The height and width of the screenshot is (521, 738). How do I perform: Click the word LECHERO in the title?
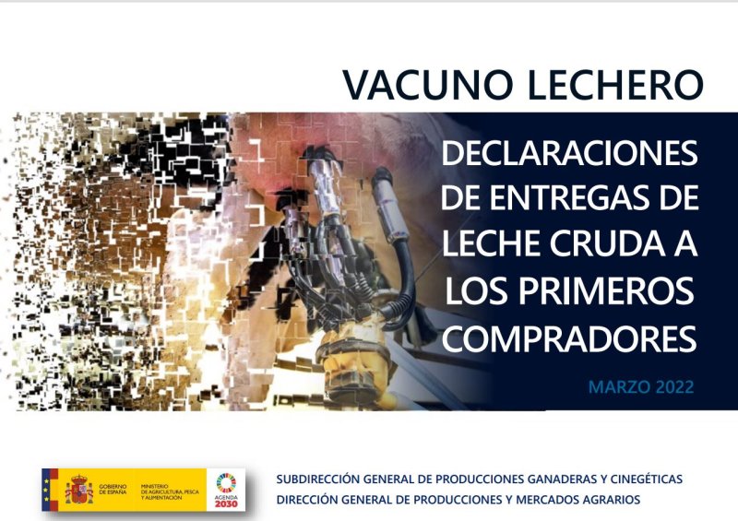coord(615,84)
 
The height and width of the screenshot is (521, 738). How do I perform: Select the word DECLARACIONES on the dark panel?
coord(569,152)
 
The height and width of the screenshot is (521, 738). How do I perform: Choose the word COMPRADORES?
coord(569,339)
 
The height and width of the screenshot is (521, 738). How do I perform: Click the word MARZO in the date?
coord(619,385)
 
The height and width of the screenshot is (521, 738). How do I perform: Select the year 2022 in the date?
coord(674,385)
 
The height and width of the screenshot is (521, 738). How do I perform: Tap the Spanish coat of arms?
coord(78,489)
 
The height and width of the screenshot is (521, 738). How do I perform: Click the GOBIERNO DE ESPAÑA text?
coord(115,489)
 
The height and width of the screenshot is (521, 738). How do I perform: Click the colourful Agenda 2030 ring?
coord(226,481)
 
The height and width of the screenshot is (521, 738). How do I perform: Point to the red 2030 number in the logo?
coord(226,503)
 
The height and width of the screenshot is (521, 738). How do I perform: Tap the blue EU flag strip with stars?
coord(49,489)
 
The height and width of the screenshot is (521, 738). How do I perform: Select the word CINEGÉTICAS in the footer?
coord(642,480)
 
